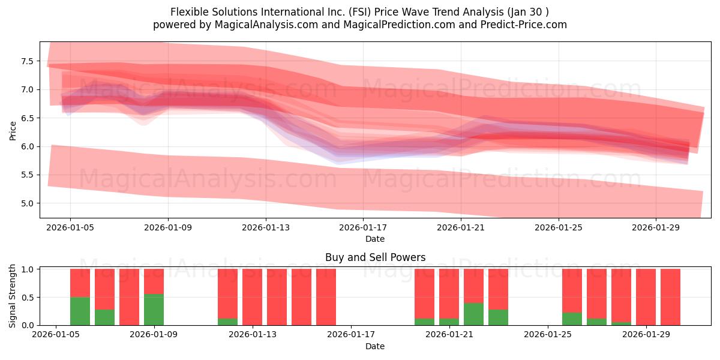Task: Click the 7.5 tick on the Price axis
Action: [x=27, y=61]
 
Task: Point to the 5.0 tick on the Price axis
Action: [x=27, y=203]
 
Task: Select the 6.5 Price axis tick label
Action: [x=27, y=118]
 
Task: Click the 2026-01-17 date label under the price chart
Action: [x=363, y=227]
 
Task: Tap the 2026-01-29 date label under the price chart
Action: [x=656, y=227]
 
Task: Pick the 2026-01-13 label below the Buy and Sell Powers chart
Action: [x=253, y=334]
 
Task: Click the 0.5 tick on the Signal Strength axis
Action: [x=27, y=298]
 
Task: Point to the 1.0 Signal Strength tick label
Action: [x=27, y=269]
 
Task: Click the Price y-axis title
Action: [x=13, y=131]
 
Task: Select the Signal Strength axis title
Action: [x=12, y=296]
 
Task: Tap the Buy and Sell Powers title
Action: [x=375, y=257]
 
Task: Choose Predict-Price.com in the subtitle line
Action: [x=523, y=25]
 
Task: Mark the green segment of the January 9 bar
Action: [x=154, y=310]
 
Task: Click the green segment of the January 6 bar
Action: [x=80, y=311]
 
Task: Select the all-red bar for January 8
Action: [x=129, y=297]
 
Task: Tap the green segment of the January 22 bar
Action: [x=474, y=314]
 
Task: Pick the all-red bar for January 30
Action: [x=671, y=297]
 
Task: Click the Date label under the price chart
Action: [x=375, y=239]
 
